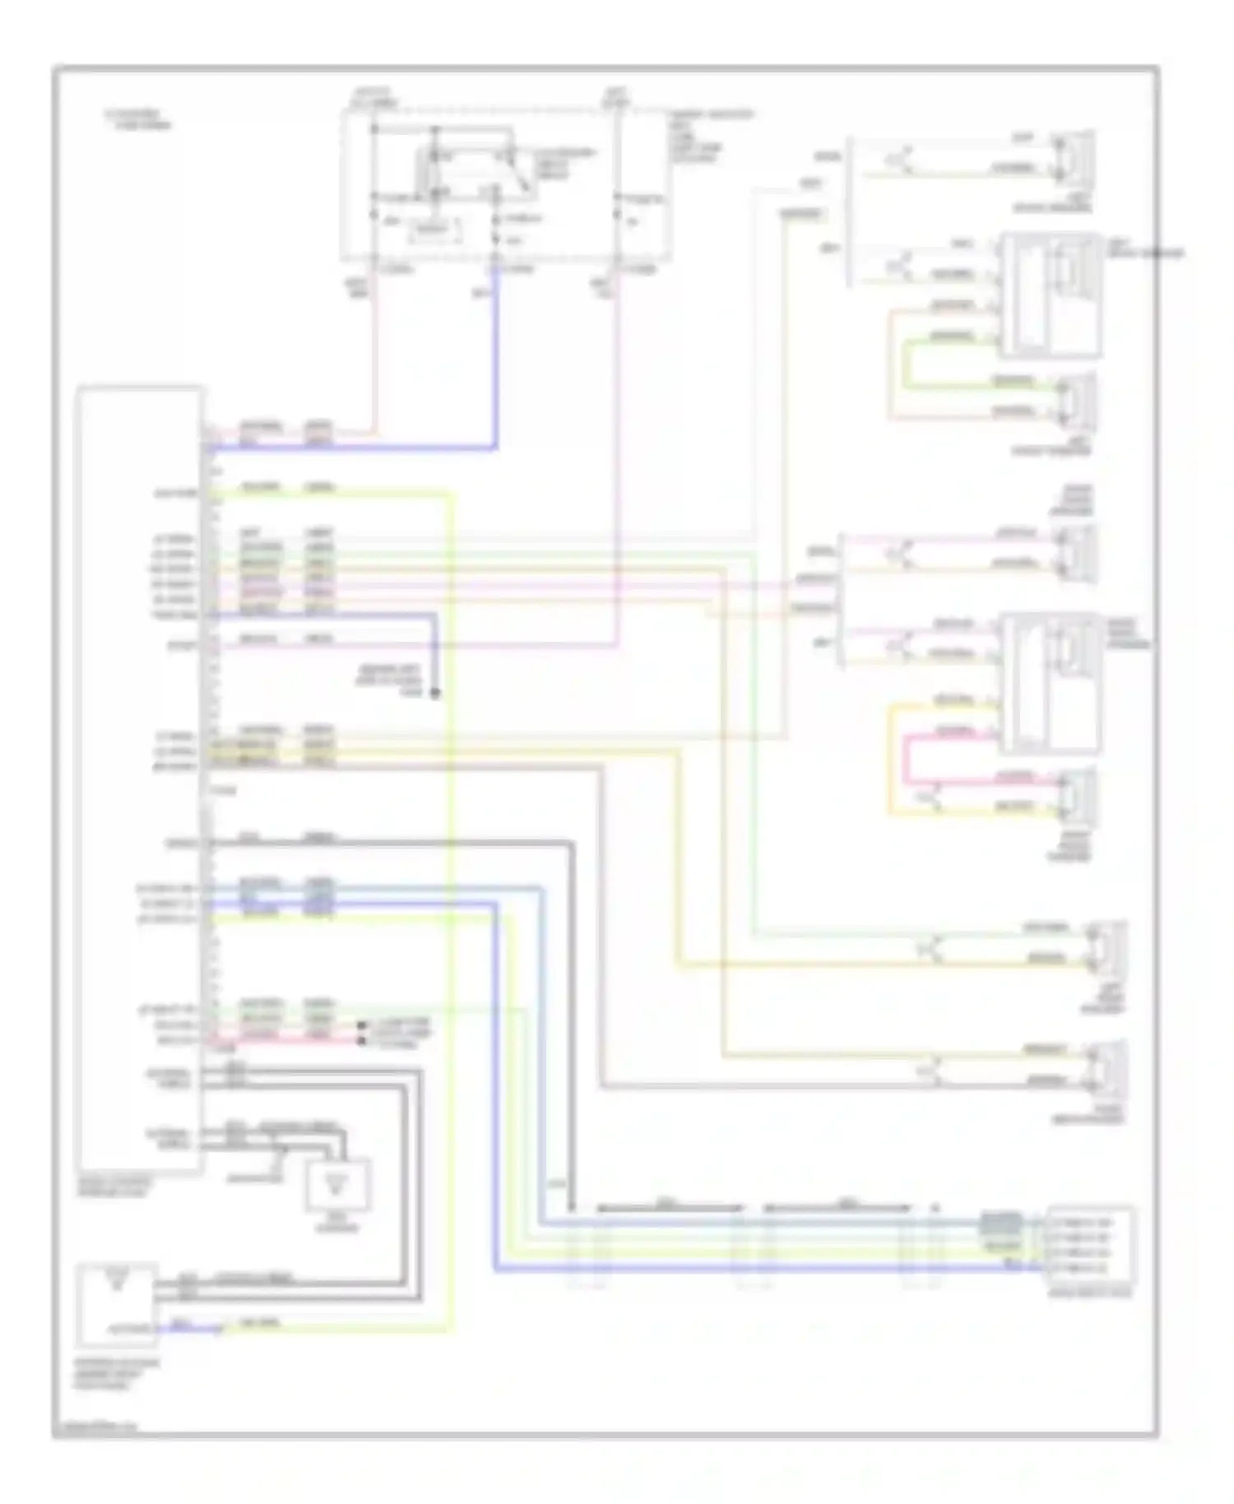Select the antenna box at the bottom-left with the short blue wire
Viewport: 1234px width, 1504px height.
[116, 1304]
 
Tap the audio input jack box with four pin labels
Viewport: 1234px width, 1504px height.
[1089, 1246]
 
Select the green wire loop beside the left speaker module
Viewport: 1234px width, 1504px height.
[908, 362]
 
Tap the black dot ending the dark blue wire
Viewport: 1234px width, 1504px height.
[435, 693]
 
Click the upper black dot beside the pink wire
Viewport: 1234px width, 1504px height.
[361, 1026]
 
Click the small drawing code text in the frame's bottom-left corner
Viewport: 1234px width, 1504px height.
[97, 1427]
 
